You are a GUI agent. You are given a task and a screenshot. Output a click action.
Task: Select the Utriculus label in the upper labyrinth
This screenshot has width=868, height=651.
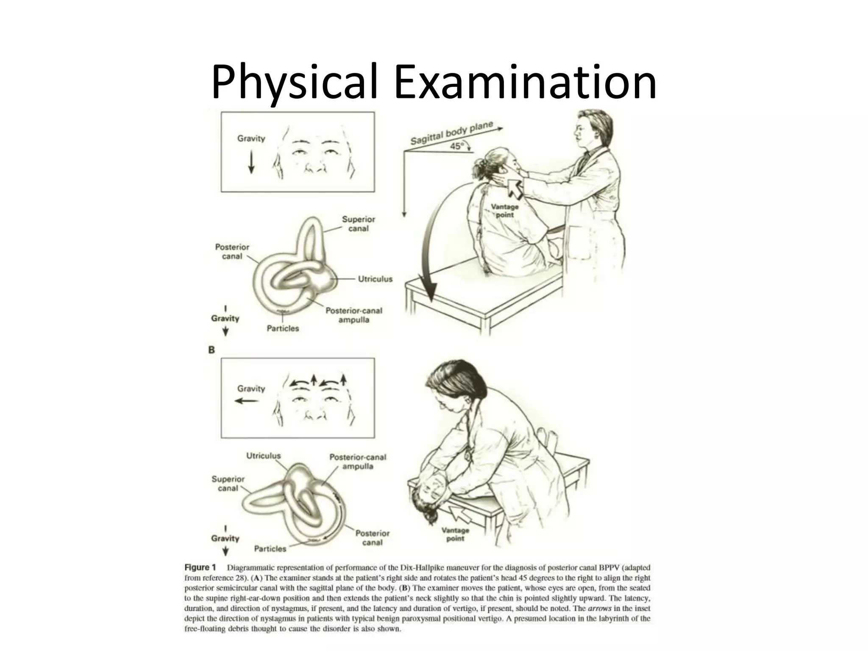tap(375, 279)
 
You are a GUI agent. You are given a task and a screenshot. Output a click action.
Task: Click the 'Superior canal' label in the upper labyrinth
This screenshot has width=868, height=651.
tap(358, 224)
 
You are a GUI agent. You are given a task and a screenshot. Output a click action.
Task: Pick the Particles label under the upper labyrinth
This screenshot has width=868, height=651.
tap(283, 328)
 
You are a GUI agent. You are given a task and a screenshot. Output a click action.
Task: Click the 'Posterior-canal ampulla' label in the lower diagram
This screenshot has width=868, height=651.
tap(358, 462)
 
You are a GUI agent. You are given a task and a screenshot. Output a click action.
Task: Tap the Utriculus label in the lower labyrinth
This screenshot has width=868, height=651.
tap(263, 456)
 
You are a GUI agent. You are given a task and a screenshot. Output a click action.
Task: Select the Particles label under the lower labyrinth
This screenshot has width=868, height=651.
tap(270, 548)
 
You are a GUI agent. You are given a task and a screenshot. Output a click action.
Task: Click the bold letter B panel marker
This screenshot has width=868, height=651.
tap(211, 350)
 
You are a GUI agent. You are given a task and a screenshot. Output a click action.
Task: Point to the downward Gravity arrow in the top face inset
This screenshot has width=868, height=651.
tap(251, 162)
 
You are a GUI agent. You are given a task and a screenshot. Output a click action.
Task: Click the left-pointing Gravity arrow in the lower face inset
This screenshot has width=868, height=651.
tap(247, 401)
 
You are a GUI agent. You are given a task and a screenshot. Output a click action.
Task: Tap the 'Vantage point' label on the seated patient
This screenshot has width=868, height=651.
tap(504, 211)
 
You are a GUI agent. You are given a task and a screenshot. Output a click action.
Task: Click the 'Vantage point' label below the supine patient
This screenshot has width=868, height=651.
tap(455, 534)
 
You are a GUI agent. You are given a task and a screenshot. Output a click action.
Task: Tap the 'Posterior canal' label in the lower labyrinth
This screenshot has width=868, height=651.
tap(372, 537)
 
